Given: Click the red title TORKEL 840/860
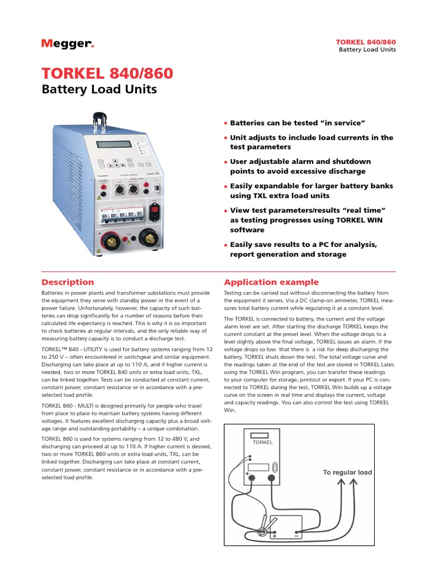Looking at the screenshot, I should click(x=107, y=74).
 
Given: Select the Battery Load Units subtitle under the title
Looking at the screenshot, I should click(x=99, y=90).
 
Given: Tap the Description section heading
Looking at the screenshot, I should click(x=68, y=282).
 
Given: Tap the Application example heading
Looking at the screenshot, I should click(x=271, y=282).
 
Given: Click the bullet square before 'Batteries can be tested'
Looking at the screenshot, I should click(x=226, y=123).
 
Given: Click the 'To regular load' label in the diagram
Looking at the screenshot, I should click(x=347, y=472).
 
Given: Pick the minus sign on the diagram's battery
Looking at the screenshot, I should click(x=296, y=536).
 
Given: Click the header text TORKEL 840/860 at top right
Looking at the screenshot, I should click(x=367, y=42).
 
